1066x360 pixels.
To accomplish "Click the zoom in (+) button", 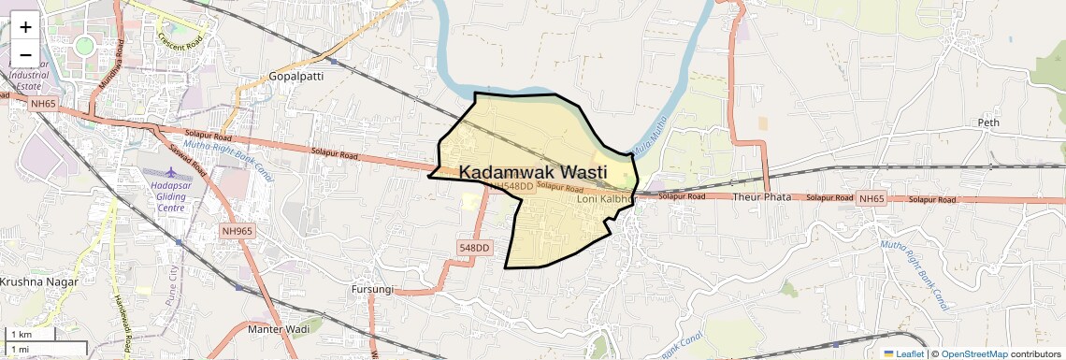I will [x=25, y=26].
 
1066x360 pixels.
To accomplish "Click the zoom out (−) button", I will [x=25, y=55].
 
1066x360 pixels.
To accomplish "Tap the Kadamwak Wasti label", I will [x=533, y=173].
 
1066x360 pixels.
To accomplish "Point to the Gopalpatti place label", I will [x=295, y=76].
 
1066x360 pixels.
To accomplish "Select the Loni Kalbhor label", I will [x=606, y=199].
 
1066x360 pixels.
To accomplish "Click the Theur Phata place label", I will [x=761, y=197].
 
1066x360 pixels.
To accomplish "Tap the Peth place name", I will [x=988, y=122].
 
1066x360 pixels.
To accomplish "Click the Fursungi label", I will [x=372, y=290].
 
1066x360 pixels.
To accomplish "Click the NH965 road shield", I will [x=238, y=231].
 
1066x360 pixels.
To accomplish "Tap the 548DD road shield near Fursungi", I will [x=474, y=248].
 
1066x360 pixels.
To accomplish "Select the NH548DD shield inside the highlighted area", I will [x=511, y=186].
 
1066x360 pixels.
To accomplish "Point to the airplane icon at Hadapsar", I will [x=170, y=175].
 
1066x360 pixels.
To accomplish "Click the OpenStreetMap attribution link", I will [x=974, y=353].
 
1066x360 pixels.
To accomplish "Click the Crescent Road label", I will [x=180, y=41].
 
